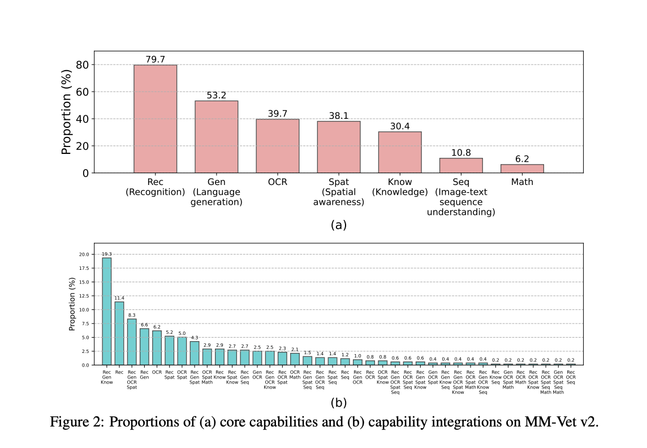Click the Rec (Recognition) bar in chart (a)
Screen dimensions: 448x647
(x=155, y=119)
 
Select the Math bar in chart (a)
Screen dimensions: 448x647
(x=522, y=169)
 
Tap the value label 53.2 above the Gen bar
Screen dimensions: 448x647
(x=216, y=96)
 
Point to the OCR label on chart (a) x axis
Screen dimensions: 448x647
(x=277, y=183)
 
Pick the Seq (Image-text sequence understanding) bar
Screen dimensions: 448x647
(x=461, y=165)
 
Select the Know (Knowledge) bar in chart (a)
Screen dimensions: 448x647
(x=400, y=152)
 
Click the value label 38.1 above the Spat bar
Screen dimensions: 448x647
(x=338, y=116)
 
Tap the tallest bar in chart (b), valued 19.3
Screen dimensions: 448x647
(x=106, y=311)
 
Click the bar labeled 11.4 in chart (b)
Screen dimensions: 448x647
(x=119, y=333)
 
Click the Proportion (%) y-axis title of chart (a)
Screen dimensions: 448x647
(x=67, y=112)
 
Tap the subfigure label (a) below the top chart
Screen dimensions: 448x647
(x=338, y=225)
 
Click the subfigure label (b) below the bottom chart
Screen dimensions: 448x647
(x=338, y=403)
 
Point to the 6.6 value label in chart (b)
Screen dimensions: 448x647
(x=144, y=324)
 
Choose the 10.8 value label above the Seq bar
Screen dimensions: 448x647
(x=461, y=153)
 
